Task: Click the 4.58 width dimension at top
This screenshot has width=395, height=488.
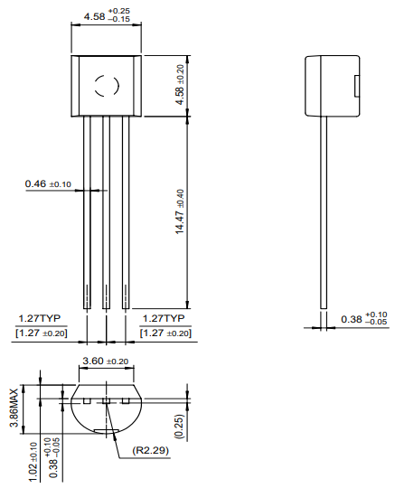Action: [104, 16]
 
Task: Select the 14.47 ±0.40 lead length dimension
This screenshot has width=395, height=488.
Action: [180, 212]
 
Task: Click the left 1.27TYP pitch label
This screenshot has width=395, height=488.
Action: [40, 319]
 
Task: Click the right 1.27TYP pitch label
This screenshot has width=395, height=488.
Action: [164, 319]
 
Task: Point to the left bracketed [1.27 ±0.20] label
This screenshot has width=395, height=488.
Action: [42, 333]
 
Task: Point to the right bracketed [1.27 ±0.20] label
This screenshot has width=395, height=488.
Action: [165, 333]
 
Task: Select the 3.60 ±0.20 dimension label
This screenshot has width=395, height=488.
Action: [106, 361]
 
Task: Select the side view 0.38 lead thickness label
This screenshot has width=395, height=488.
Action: [363, 319]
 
